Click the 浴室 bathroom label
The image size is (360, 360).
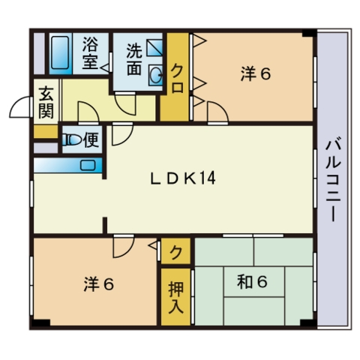pos(91,52)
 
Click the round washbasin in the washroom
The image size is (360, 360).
pos(156,73)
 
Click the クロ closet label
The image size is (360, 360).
pos(178,77)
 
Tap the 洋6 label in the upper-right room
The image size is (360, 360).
pos(255,73)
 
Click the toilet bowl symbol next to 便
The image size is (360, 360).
pos(72,139)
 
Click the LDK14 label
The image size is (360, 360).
pos(183,178)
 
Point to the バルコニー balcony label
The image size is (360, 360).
pos(331,178)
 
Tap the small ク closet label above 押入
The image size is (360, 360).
pos(175,251)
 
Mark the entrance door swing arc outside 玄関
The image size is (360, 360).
pos(22,110)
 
